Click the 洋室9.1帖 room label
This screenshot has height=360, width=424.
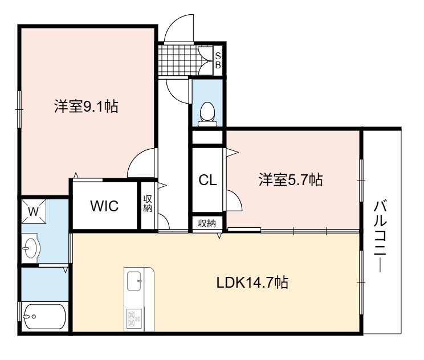pos(86,106)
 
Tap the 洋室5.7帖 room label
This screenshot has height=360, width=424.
pos(291,179)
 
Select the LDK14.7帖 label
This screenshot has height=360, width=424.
pos(252,283)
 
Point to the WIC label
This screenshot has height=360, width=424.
pos(104,206)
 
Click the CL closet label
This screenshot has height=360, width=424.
pos(207,180)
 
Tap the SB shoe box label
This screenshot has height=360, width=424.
pos(218,60)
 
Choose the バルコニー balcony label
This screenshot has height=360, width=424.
pos(380,236)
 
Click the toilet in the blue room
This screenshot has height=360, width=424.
pos(207,114)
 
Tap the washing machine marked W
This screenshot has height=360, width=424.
pos(34,211)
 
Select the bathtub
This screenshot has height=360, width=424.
pos(44,317)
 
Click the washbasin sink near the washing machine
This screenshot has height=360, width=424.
pos(31,248)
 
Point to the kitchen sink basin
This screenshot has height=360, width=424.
pos(134,281)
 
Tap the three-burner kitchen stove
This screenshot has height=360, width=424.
pos(134,318)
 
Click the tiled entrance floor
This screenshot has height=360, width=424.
pos(179,60)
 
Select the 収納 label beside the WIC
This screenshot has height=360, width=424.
pos(148,203)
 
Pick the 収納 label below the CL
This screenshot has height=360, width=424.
pos(207,223)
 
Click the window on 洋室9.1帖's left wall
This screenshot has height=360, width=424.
pos(19,109)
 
